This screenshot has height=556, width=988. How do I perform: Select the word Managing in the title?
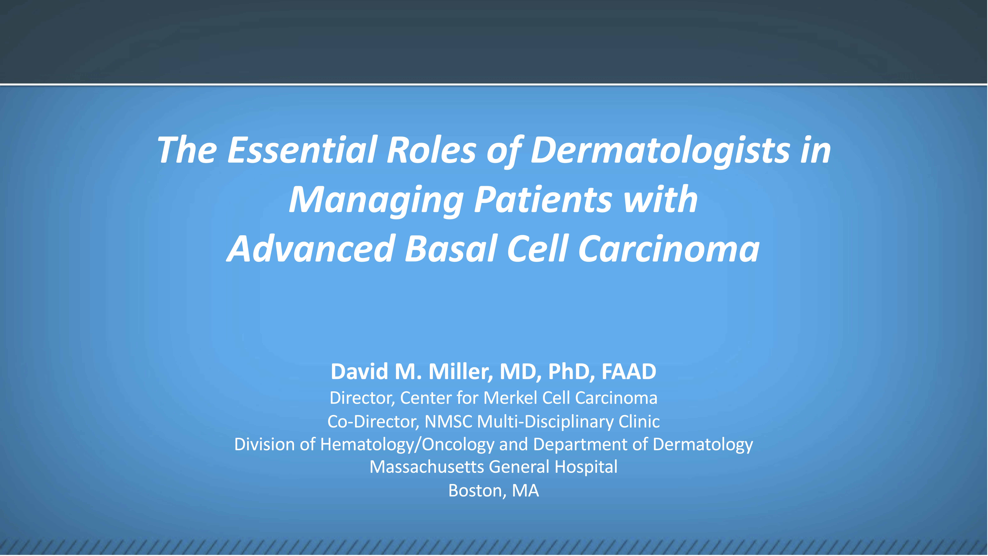tap(376, 200)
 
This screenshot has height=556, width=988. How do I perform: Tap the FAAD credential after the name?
tap(629, 371)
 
